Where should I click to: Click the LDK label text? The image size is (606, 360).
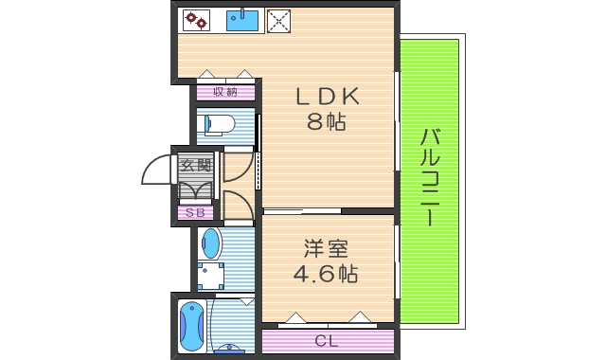click(327, 97)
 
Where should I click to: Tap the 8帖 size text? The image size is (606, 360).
click(326, 121)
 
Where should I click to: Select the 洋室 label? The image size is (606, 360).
click(327, 250)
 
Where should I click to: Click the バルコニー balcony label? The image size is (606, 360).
click(428, 177)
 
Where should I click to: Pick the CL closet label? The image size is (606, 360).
click(327, 341)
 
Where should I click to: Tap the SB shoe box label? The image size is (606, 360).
click(195, 213)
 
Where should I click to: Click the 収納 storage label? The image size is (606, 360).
click(225, 92)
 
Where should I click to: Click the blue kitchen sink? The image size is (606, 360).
click(243, 19)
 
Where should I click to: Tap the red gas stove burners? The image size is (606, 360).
click(196, 19)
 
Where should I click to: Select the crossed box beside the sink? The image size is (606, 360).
click(278, 20)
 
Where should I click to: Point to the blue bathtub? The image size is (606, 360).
click(191, 325)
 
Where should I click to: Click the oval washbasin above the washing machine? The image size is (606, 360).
click(211, 244)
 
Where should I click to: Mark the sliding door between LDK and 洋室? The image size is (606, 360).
click(301, 210)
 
